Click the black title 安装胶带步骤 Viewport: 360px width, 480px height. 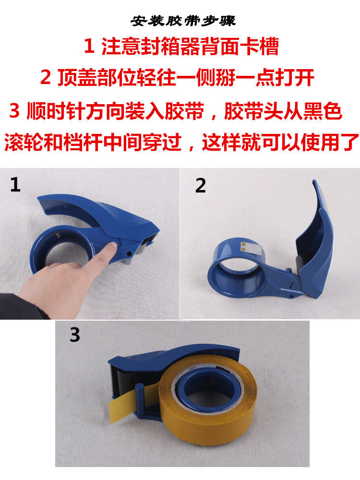183,21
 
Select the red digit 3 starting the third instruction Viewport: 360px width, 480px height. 14,110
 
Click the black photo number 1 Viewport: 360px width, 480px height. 15,185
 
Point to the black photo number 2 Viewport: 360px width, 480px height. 201,185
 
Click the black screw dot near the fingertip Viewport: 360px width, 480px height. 129,254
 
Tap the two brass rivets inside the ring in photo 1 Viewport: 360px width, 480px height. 58,235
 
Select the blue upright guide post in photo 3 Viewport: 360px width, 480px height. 139,400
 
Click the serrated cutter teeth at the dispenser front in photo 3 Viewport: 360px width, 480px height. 111,379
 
